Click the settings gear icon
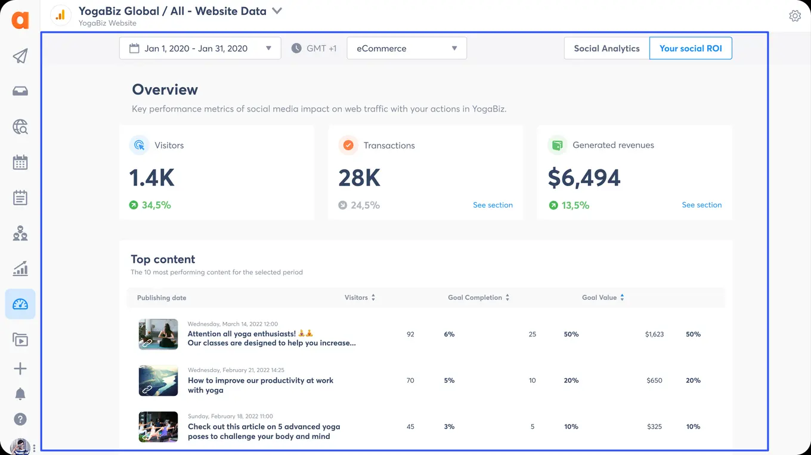pos(794,16)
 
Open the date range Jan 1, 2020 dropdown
pos(200,48)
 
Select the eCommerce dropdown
pos(406,48)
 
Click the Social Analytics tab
pos(606,48)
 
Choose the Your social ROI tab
pos(691,48)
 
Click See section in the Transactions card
pos(493,205)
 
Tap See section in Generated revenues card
pos(701,205)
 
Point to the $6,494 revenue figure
pos(584,178)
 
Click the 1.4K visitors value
pos(152,178)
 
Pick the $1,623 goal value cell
pos(654,335)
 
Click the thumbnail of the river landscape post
pos(158,380)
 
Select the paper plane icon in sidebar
pos(20,56)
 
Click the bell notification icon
pos(20,394)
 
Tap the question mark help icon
pos(20,419)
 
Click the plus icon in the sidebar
pos(20,369)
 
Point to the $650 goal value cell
pos(654,380)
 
